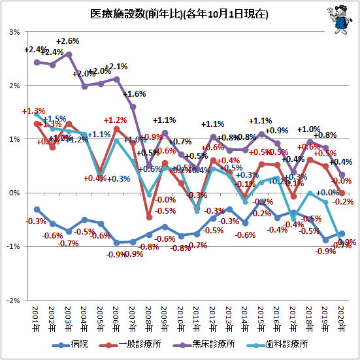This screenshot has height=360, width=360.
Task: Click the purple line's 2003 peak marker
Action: [69, 54]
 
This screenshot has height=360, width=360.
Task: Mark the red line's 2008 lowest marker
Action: [149, 217]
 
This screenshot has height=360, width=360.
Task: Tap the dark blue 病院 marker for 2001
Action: [37, 209]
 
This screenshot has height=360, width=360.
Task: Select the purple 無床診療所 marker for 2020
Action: [341, 174]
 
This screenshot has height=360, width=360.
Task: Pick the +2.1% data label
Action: [116, 67]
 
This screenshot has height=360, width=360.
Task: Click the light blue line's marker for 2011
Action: [197, 210]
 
